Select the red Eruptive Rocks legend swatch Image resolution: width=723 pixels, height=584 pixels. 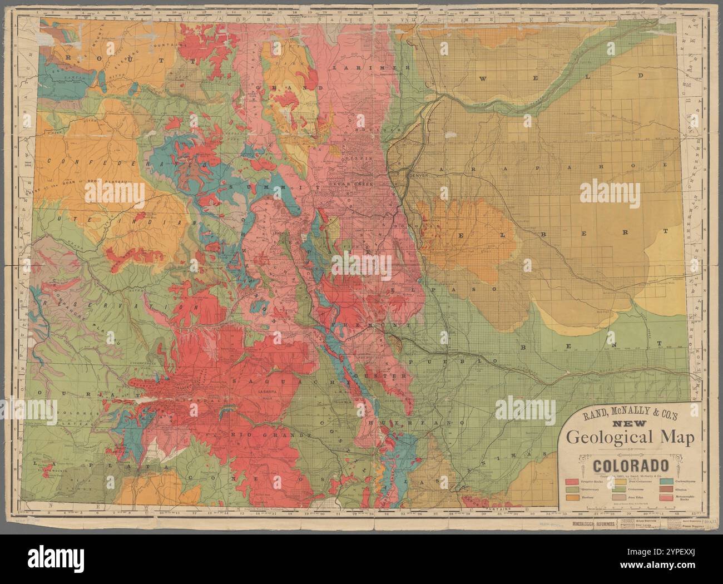coord(572,481)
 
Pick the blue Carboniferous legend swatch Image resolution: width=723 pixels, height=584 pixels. coord(665,481)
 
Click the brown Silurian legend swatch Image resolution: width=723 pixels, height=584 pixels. coord(665,489)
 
